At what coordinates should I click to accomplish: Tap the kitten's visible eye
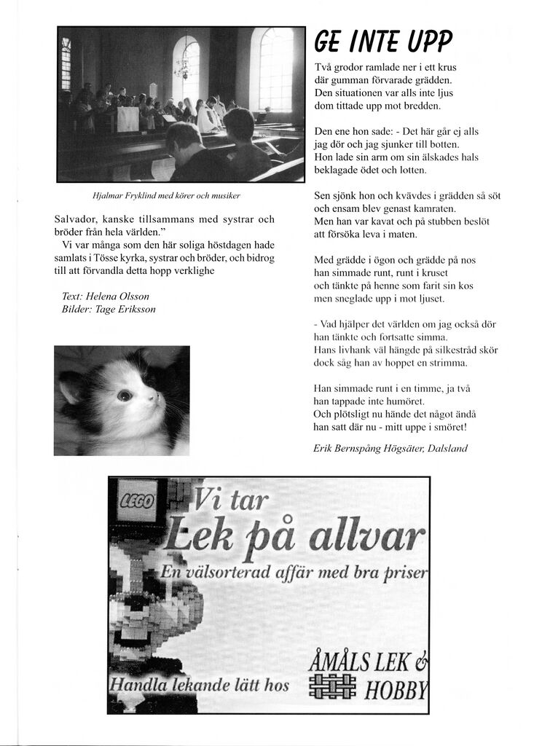125,396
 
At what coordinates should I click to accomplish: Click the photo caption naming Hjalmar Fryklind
167,196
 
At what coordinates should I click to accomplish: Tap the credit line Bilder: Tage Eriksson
109,309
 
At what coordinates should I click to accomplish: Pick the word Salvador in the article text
78,219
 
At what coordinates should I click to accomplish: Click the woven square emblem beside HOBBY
332,686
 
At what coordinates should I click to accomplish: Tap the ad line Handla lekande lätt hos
199,685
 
